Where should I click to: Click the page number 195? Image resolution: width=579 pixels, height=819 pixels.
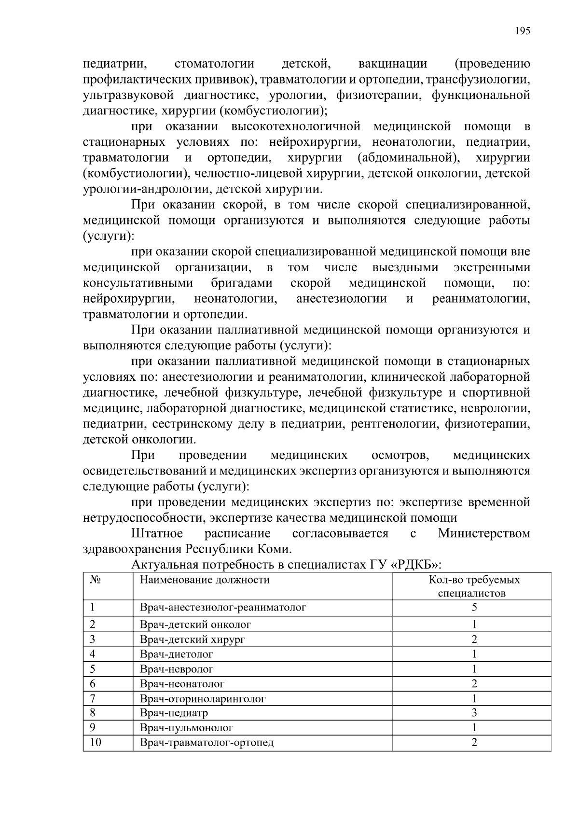522,31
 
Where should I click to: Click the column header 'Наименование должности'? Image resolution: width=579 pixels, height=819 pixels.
205,580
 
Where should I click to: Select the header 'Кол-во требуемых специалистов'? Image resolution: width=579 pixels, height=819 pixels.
474,586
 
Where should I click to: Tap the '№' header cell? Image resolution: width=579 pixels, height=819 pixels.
96,580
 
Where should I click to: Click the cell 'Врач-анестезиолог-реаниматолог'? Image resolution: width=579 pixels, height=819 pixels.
223,608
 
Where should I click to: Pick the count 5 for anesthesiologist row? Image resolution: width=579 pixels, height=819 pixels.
474,608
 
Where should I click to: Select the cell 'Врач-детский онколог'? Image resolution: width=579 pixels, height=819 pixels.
195,625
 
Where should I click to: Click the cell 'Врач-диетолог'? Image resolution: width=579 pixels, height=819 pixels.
177,654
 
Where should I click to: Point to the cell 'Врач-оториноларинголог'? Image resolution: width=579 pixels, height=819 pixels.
203,699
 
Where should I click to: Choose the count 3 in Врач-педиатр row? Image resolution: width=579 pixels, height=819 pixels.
474,713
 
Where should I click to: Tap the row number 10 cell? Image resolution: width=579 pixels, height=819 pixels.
96,743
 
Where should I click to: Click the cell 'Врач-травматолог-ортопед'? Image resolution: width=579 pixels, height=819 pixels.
207,743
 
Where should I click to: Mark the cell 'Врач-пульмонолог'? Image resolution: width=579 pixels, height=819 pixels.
186,728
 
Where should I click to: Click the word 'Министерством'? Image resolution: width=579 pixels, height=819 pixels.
483,534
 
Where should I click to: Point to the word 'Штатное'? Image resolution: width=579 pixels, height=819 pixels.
157,534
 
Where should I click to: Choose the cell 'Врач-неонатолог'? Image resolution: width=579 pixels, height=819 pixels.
182,684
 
